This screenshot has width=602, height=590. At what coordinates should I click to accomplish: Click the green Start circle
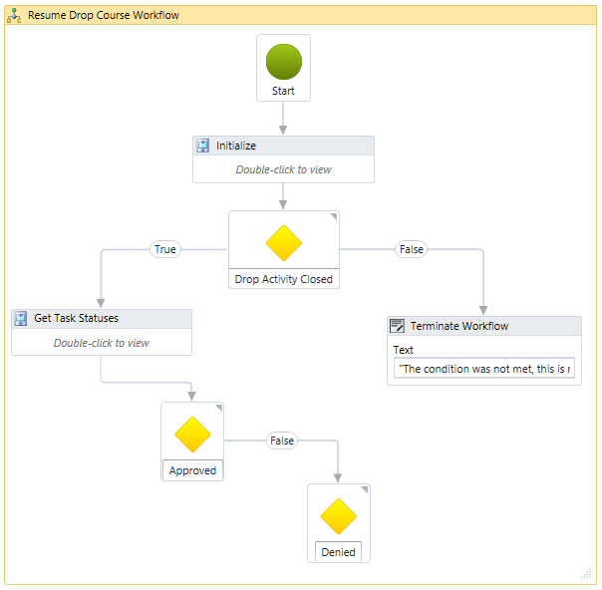[x=283, y=62]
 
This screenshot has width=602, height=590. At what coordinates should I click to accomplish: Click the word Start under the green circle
[x=283, y=91]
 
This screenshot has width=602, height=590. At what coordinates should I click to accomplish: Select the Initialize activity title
[x=236, y=146]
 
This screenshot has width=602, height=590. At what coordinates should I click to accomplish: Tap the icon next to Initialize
[x=203, y=146]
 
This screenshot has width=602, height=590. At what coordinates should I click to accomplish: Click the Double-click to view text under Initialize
[x=283, y=169]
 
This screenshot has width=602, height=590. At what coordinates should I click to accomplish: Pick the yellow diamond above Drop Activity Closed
[x=283, y=243]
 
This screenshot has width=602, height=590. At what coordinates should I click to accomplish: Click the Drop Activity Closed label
[x=283, y=279]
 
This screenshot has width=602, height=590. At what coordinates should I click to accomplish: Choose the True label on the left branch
[x=165, y=249]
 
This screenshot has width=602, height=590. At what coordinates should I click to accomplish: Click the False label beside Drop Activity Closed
[x=411, y=249]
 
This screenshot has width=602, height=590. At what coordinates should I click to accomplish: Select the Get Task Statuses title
[x=76, y=319]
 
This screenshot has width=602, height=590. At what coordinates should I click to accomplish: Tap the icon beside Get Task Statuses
[x=21, y=319]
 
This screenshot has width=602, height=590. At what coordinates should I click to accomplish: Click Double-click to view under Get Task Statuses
[x=101, y=343]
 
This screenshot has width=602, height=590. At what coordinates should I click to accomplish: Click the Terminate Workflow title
[x=458, y=326]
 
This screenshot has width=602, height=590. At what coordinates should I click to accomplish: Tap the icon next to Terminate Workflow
[x=397, y=326]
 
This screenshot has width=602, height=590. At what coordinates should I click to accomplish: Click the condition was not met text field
[x=483, y=369]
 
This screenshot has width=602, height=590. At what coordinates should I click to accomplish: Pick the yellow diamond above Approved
[x=192, y=435]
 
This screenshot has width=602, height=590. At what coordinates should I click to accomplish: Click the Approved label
[x=192, y=470]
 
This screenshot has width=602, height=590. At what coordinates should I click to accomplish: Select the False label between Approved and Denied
[x=282, y=441]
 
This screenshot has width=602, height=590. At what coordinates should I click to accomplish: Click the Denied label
[x=338, y=552]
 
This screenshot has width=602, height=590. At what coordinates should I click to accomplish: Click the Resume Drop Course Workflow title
[x=104, y=16]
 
